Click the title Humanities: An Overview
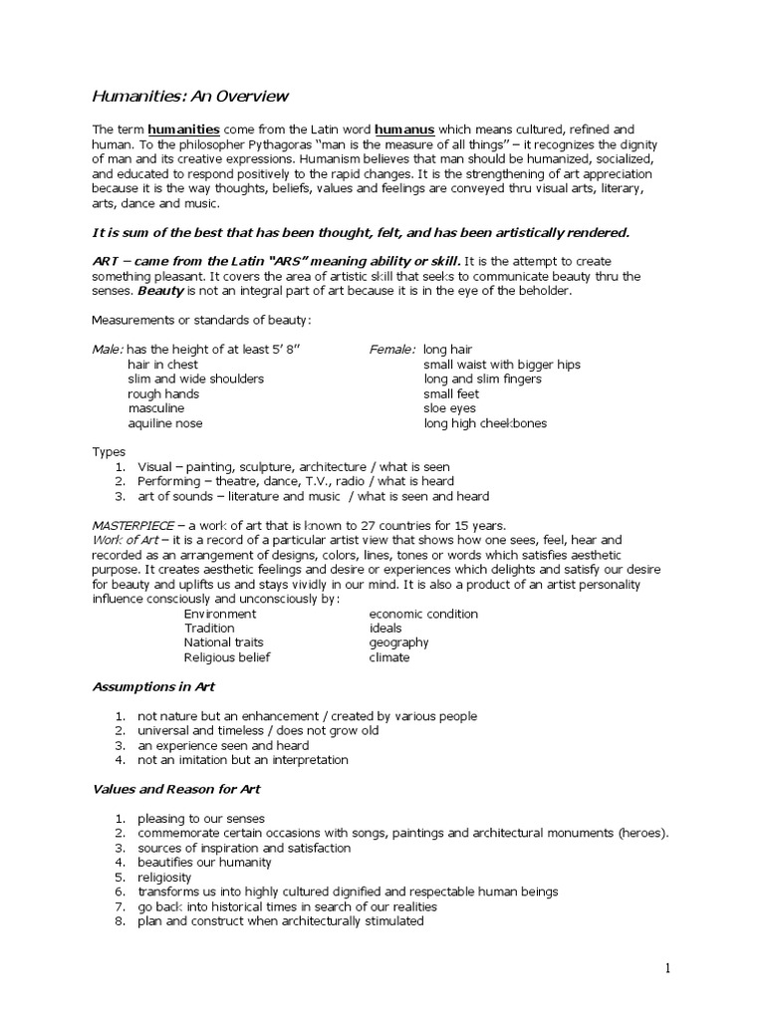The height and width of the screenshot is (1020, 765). tap(190, 97)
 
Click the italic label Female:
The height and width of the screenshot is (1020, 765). tap(392, 350)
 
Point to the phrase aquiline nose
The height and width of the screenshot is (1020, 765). tap(164, 423)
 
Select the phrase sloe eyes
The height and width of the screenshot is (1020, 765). tap(449, 408)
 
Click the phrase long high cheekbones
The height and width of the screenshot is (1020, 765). tap(484, 423)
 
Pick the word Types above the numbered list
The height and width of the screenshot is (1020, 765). tap(109, 452)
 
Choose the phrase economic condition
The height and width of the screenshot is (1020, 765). tap(423, 614)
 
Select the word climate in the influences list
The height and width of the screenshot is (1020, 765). tap(389, 657)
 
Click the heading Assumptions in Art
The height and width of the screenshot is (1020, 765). tap(153, 687)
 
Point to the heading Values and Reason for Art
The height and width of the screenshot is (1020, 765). tap(176, 789)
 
